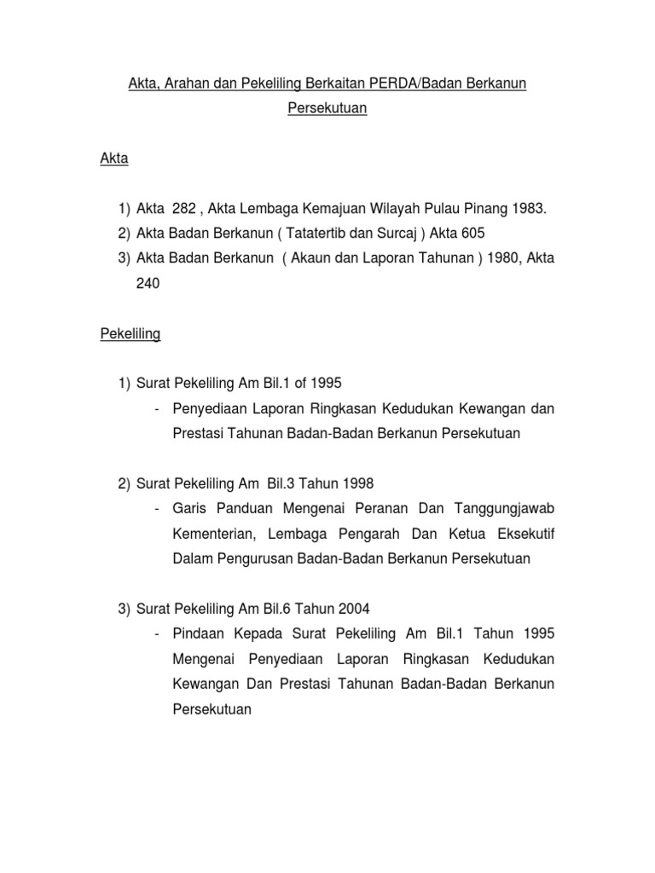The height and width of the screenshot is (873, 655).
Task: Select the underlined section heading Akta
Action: point(113,159)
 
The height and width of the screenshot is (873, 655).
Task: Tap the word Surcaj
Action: point(386,234)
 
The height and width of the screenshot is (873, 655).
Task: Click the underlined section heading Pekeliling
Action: point(130,334)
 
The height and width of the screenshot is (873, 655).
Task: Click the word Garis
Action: point(188,508)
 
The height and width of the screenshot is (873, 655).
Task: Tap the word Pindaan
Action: point(197,633)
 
